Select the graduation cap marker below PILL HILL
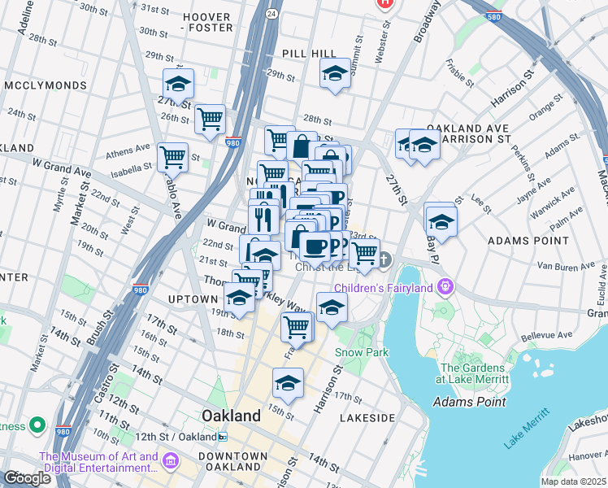tap(334, 75)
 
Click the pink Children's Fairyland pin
tap(445, 286)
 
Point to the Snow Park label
tap(362, 352)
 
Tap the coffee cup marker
tap(315, 245)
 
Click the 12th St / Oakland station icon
tap(223, 437)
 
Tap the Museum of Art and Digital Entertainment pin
tap(170, 462)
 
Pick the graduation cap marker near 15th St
tap(288, 381)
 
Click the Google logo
tap(27, 478)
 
